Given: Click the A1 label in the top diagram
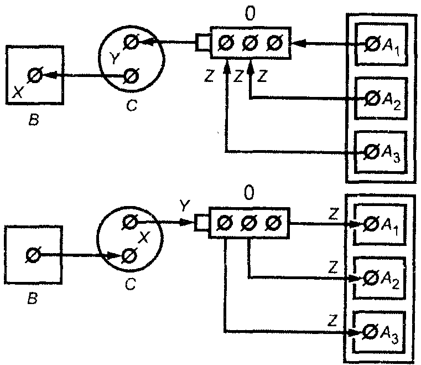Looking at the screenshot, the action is (391, 48).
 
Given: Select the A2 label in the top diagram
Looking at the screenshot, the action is (391, 101).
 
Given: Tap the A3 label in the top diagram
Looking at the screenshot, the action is (391, 155).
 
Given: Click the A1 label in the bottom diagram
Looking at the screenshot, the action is (389, 227).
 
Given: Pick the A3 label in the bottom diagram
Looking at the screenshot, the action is (389, 335).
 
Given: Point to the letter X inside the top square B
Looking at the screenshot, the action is (18, 92).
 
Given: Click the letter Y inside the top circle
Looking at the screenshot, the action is (115, 58).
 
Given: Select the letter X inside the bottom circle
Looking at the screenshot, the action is (143, 237).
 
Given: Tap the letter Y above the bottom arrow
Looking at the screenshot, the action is (185, 205).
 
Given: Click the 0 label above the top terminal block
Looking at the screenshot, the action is (250, 13).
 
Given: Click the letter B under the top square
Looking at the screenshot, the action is (34, 120).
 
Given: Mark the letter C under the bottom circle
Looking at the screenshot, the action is (131, 284).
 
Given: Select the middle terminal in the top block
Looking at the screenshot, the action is (250, 43).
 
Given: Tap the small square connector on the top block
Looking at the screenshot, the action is (202, 42).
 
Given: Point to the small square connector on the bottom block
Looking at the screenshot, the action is (201, 223).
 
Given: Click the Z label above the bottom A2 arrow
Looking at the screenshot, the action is (333, 268).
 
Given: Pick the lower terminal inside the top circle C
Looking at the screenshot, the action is (131, 76).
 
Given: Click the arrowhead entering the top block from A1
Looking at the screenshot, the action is (299, 43).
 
